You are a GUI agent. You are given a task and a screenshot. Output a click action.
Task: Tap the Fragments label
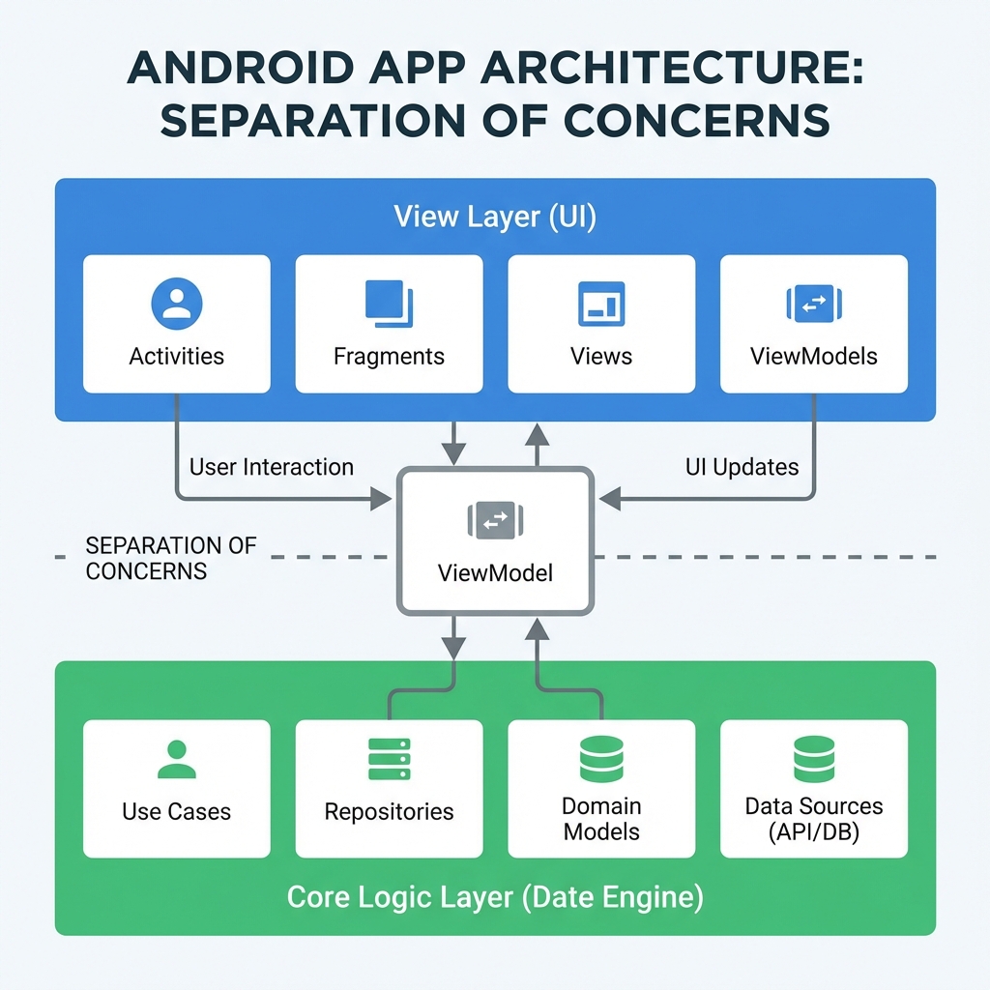pyautogui.click(x=389, y=357)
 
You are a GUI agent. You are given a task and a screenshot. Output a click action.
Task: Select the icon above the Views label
pyautogui.click(x=600, y=305)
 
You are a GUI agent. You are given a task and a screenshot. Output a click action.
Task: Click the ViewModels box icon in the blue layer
pyautogui.click(x=814, y=305)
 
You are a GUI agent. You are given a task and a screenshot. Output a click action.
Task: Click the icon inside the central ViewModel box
pyautogui.click(x=495, y=520)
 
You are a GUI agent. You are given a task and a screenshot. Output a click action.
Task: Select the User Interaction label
pyautogui.click(x=272, y=468)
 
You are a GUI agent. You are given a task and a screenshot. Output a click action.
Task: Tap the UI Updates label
pyautogui.click(x=742, y=468)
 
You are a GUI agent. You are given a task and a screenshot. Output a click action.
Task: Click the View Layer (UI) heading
pyautogui.click(x=495, y=217)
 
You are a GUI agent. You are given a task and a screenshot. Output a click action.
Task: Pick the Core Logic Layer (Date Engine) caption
pyautogui.click(x=495, y=898)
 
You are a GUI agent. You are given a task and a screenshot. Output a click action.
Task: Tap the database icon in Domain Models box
pyautogui.click(x=600, y=758)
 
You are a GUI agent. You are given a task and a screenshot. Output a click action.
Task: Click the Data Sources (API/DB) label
pyautogui.click(x=814, y=820)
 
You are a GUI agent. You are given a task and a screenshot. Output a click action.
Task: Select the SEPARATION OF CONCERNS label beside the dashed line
pyautogui.click(x=171, y=558)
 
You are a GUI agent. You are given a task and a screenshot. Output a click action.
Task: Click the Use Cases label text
pyautogui.click(x=176, y=811)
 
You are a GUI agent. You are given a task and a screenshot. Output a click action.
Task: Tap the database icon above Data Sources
pyautogui.click(x=814, y=758)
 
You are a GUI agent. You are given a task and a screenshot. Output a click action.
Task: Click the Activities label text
pyautogui.click(x=176, y=357)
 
